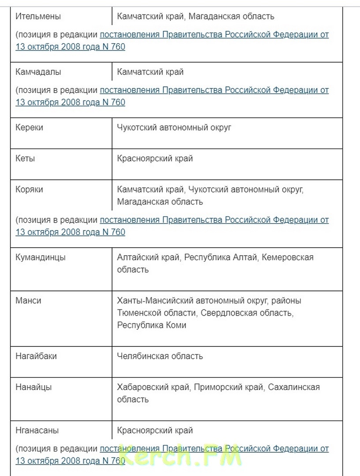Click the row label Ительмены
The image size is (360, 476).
coord(38,17)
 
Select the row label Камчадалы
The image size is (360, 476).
coord(38,72)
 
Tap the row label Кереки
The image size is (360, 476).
coord(30,127)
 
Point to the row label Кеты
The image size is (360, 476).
coord(25,158)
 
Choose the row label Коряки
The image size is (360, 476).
coord(29,190)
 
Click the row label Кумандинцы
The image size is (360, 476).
coord(41,257)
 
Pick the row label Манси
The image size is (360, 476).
coord(28,301)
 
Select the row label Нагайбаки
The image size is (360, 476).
coord(36,356)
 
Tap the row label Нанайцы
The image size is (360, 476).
coord(34,387)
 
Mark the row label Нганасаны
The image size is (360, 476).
coord(37,430)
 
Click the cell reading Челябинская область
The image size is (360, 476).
coord(160,356)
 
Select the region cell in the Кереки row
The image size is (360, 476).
coord(174,127)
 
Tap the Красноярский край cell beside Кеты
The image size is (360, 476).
coord(155,158)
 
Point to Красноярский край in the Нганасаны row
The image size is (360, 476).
coord(155,430)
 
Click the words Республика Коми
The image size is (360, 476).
coord(152,325)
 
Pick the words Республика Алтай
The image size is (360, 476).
coord(220,257)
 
